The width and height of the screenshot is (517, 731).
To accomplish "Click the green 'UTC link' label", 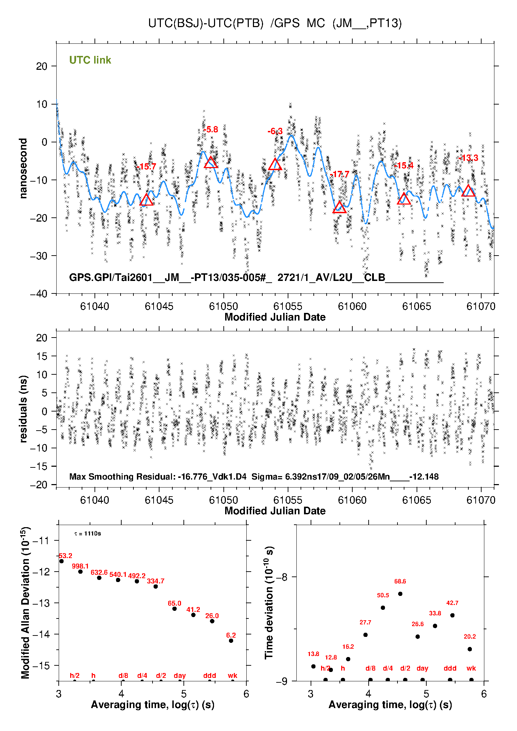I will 90,60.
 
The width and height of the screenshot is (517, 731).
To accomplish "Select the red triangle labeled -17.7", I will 339,208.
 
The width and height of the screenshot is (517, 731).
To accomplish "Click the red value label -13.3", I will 468,158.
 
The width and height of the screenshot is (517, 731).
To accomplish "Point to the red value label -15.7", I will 146,167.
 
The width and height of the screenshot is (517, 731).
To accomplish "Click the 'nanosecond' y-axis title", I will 23,168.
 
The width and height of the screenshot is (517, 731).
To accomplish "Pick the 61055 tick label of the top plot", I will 288,306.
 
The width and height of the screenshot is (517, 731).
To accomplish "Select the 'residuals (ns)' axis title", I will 23,409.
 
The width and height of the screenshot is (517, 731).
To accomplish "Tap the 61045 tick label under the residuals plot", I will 159,500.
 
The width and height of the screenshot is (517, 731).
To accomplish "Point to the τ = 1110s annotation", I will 88,533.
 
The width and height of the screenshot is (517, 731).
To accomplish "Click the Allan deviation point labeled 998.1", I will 80,572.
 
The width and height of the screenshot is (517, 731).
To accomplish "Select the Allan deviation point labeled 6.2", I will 231,641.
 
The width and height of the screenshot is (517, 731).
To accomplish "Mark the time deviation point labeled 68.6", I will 400,594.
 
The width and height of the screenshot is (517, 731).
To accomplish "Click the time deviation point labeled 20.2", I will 470,649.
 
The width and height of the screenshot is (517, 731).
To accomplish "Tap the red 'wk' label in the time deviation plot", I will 471,668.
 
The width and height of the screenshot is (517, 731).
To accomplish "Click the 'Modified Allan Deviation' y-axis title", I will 26,603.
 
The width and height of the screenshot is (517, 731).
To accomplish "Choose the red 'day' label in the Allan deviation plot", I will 180,675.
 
